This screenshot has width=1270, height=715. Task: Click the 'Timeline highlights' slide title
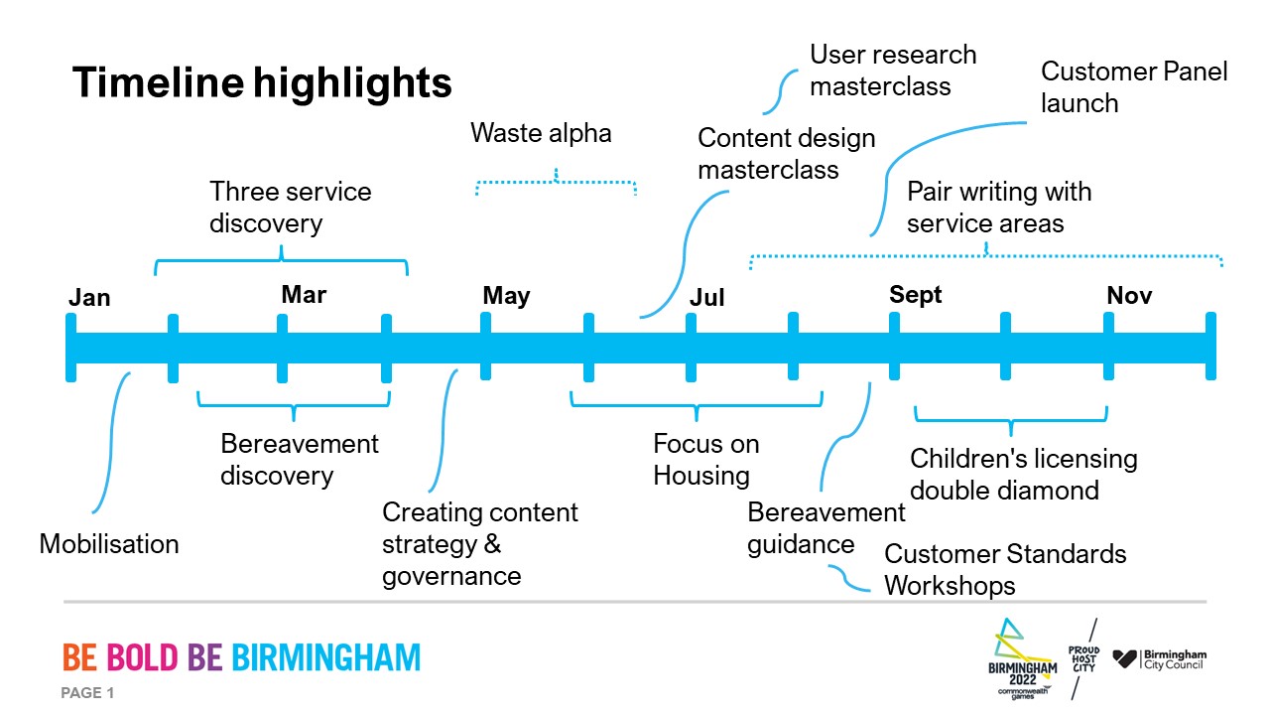tap(262, 83)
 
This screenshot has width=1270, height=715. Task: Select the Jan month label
tap(89, 298)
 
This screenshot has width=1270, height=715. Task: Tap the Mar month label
tap(304, 295)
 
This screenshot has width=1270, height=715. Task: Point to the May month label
tap(506, 296)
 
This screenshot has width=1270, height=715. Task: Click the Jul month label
tap(707, 298)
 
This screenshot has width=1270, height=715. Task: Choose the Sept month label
tap(916, 295)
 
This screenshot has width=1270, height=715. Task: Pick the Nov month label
tap(1129, 296)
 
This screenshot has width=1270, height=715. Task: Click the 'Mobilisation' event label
tap(109, 544)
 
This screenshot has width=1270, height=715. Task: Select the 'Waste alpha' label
tap(541, 133)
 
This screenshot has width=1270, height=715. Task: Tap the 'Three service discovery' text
tap(290, 207)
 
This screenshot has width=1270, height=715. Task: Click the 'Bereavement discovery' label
tap(299, 459)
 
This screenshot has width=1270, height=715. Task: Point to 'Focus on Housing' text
tap(705, 459)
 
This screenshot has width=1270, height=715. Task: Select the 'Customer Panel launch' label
tap(1133, 87)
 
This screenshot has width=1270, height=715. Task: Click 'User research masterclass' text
tap(892, 70)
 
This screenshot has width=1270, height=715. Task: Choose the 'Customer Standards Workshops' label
tap(1004, 569)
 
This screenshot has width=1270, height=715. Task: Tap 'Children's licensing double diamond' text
tap(1022, 474)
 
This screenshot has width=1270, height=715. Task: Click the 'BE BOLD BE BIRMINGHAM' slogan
tap(241, 657)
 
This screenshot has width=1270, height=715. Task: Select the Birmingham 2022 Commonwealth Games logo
tap(1022, 659)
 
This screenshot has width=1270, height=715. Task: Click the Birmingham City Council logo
tap(1159, 659)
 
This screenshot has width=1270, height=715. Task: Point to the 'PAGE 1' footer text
tap(88, 693)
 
